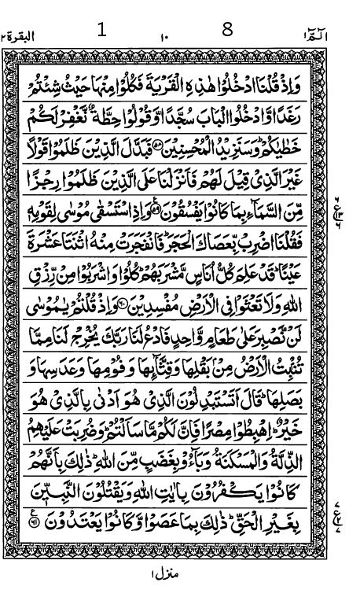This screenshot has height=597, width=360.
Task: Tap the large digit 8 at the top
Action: [x=228, y=31]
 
